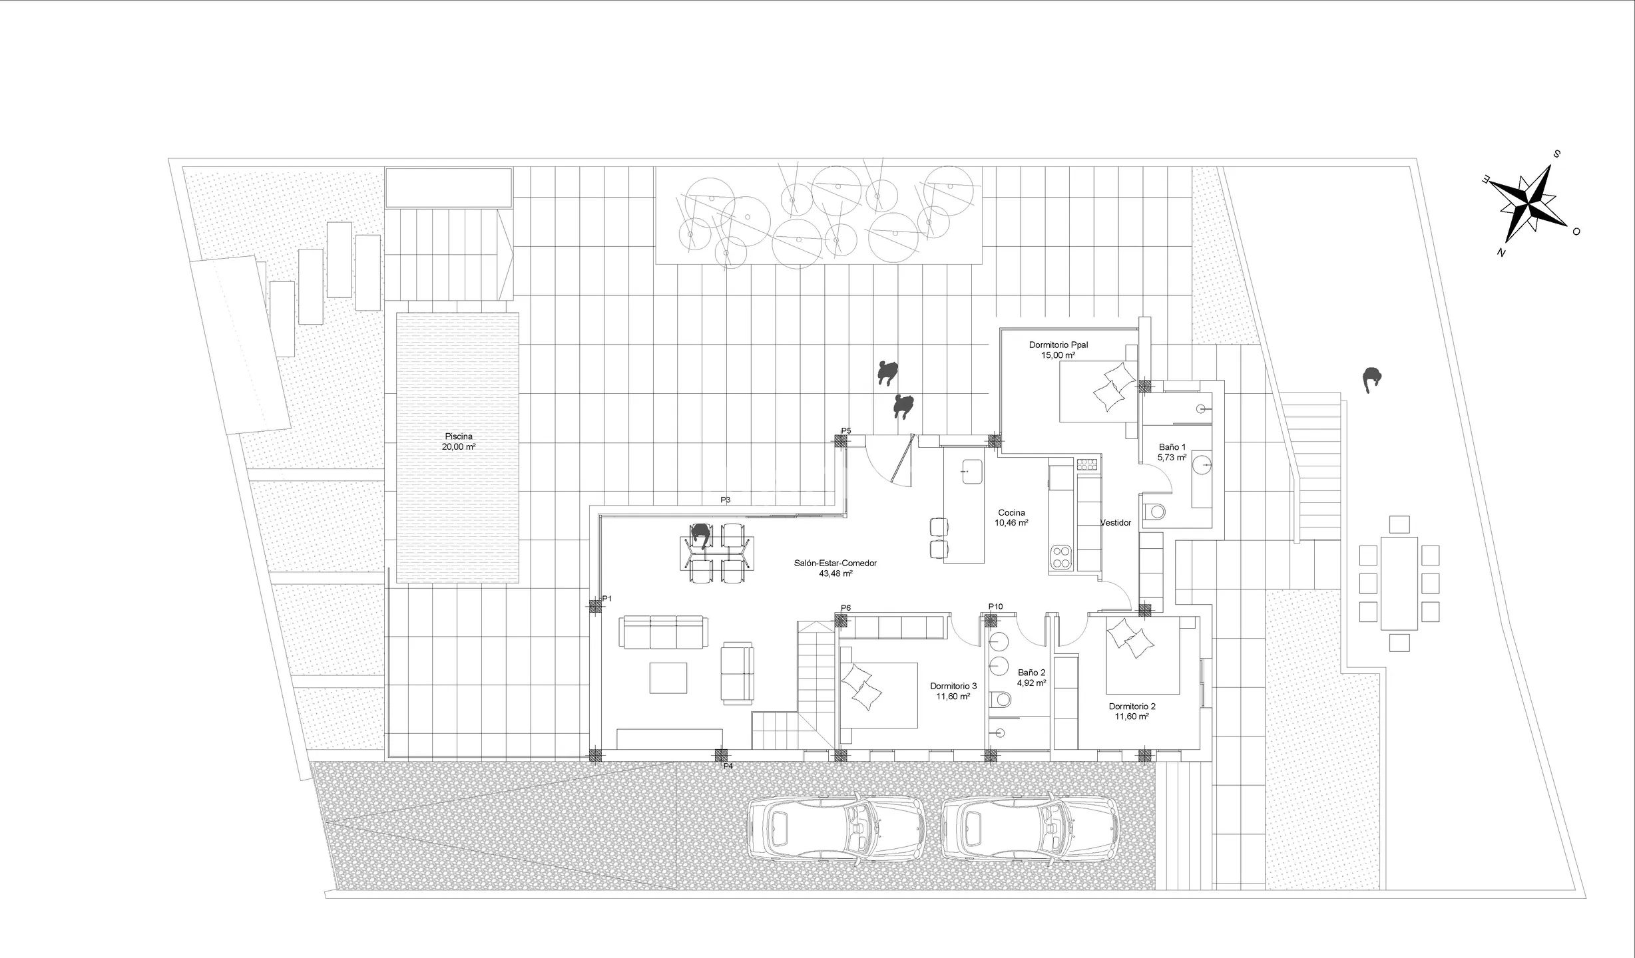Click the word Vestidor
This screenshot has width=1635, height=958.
point(1116,523)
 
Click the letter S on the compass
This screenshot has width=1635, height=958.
point(1556,154)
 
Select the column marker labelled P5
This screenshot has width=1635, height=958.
point(841,440)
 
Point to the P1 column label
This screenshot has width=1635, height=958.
point(607,599)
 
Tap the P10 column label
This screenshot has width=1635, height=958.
point(995,607)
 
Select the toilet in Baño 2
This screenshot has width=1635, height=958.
point(1000,699)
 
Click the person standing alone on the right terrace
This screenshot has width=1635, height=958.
point(1371,380)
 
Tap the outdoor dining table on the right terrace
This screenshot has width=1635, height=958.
point(1399,583)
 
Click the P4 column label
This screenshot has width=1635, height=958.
point(728,766)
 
